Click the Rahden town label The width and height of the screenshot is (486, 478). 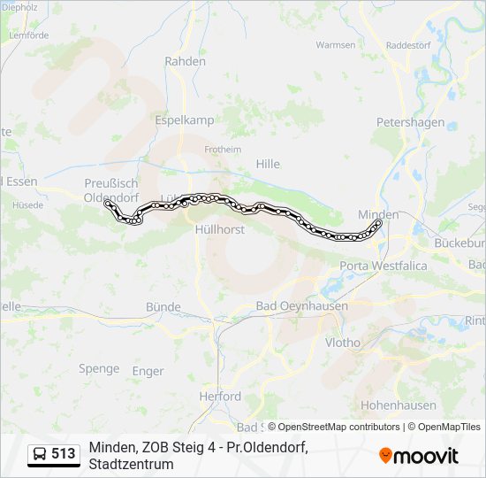point(185,61)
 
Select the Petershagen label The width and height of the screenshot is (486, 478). point(410,122)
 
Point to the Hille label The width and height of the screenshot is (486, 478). point(267,164)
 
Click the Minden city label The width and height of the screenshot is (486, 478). point(378,214)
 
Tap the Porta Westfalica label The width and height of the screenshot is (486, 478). point(383,266)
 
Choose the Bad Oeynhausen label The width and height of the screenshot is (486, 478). point(301,305)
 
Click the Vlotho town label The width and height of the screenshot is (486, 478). point(343,342)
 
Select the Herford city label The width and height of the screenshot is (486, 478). point(220,396)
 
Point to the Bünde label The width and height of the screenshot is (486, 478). point(163,307)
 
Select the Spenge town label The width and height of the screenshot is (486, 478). point(99,368)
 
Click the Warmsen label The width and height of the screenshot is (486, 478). point(335,44)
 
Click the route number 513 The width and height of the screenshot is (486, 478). point(63,454)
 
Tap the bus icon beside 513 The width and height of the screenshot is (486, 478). point(40,455)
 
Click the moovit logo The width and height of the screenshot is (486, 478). point(419,456)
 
